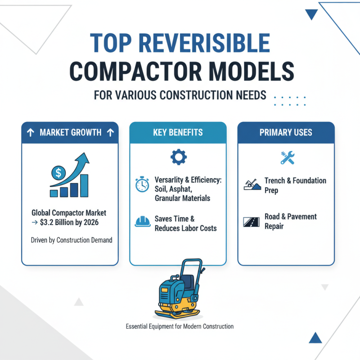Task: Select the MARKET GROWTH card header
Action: point(70,133)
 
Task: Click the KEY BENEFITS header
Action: point(178,133)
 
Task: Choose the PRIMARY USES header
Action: point(286,133)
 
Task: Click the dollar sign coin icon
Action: point(57,172)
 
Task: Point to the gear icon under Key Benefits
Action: point(178,157)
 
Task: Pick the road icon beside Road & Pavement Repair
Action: point(250,221)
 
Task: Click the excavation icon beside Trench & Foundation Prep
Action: point(251,184)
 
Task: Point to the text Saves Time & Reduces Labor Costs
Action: point(185,223)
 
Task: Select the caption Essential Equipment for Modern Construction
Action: point(180,326)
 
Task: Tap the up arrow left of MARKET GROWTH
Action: point(30,133)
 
